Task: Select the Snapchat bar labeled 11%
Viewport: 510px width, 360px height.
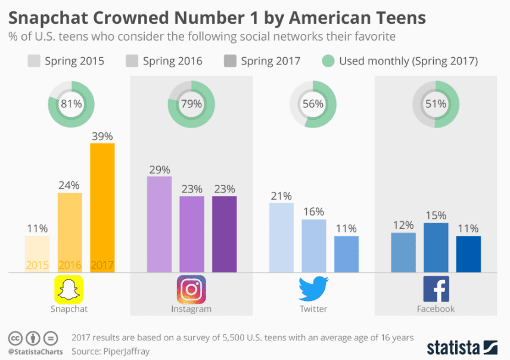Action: click(37, 254)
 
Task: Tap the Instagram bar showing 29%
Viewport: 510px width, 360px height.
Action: click(159, 224)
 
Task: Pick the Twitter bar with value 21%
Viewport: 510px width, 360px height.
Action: click(281, 237)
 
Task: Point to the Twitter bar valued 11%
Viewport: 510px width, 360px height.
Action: click(346, 254)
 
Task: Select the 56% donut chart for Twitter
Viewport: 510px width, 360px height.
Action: click(312, 104)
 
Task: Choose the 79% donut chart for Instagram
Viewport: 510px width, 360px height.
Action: click(191, 104)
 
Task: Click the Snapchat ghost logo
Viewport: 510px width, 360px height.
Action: click(69, 290)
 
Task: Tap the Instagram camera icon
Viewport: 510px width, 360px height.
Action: click(191, 290)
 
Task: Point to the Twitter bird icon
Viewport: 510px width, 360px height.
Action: click(313, 290)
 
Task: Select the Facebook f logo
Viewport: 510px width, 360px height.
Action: click(436, 290)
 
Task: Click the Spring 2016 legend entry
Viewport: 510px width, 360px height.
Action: click(164, 61)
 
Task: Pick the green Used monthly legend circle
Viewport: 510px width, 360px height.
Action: click(328, 61)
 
